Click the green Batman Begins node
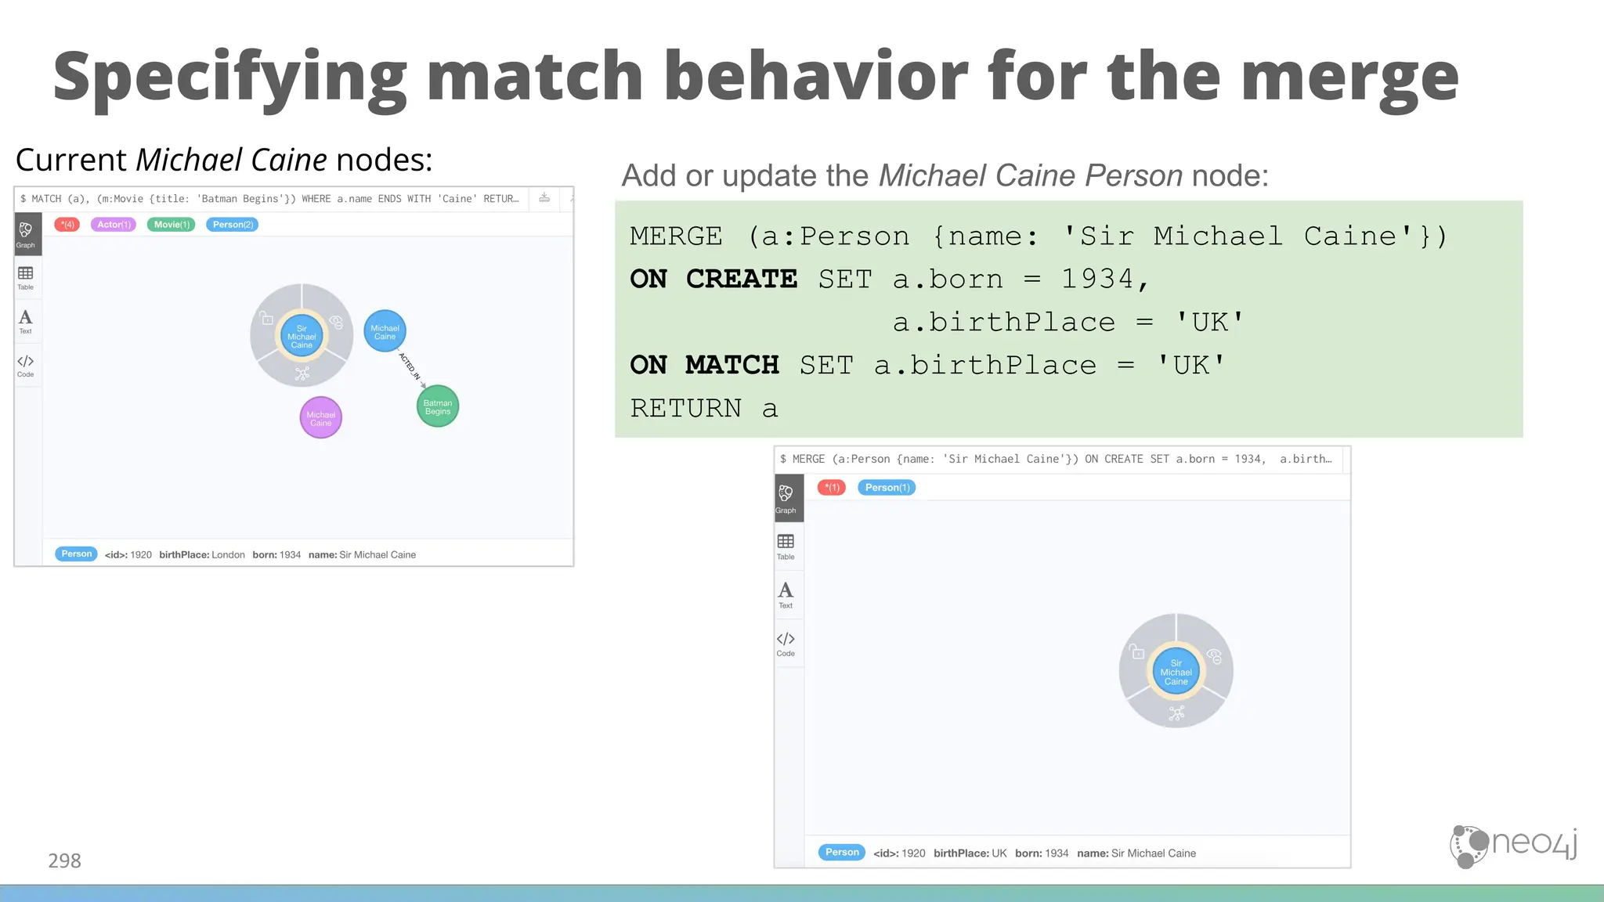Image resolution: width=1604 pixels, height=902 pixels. (x=438, y=406)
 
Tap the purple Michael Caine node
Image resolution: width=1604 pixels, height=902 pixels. (x=321, y=418)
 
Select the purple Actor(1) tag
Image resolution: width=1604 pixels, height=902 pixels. (x=114, y=225)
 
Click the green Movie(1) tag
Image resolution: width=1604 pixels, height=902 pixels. (x=172, y=225)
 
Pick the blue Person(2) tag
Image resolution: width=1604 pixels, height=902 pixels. (x=233, y=225)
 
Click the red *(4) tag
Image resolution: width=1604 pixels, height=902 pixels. (x=67, y=225)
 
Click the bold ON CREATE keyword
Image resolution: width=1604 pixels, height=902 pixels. (x=713, y=279)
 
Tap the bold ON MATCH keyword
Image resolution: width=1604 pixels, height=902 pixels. (x=704, y=365)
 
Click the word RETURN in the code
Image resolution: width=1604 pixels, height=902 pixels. (x=685, y=408)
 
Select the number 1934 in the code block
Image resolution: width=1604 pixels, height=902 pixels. (x=1097, y=279)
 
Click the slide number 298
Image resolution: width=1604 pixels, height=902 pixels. (x=64, y=861)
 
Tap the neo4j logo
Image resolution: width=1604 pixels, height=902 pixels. (x=1513, y=845)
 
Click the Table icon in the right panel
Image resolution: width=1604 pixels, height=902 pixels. (x=786, y=546)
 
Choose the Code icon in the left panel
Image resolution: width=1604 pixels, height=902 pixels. (x=26, y=365)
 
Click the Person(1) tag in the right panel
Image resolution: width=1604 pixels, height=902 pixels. (x=887, y=488)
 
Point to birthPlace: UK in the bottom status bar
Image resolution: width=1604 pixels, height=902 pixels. (x=970, y=853)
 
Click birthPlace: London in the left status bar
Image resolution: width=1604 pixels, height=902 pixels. (x=202, y=554)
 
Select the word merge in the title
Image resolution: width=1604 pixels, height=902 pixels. (x=1349, y=76)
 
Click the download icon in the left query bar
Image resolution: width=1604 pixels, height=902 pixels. (x=544, y=198)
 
